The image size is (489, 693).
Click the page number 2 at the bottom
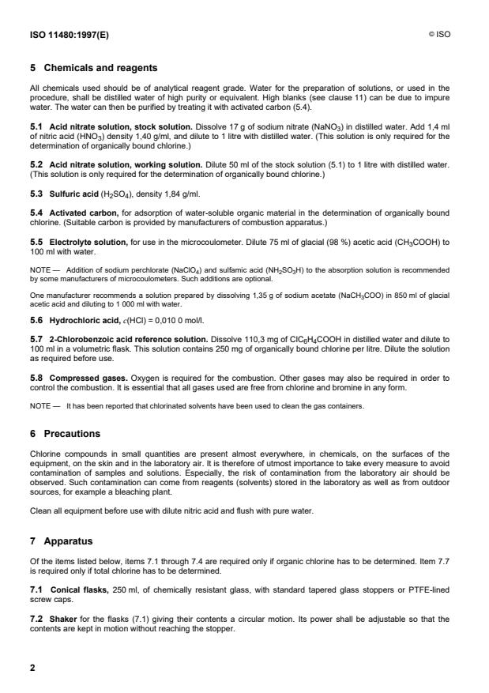[x=32, y=668]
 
